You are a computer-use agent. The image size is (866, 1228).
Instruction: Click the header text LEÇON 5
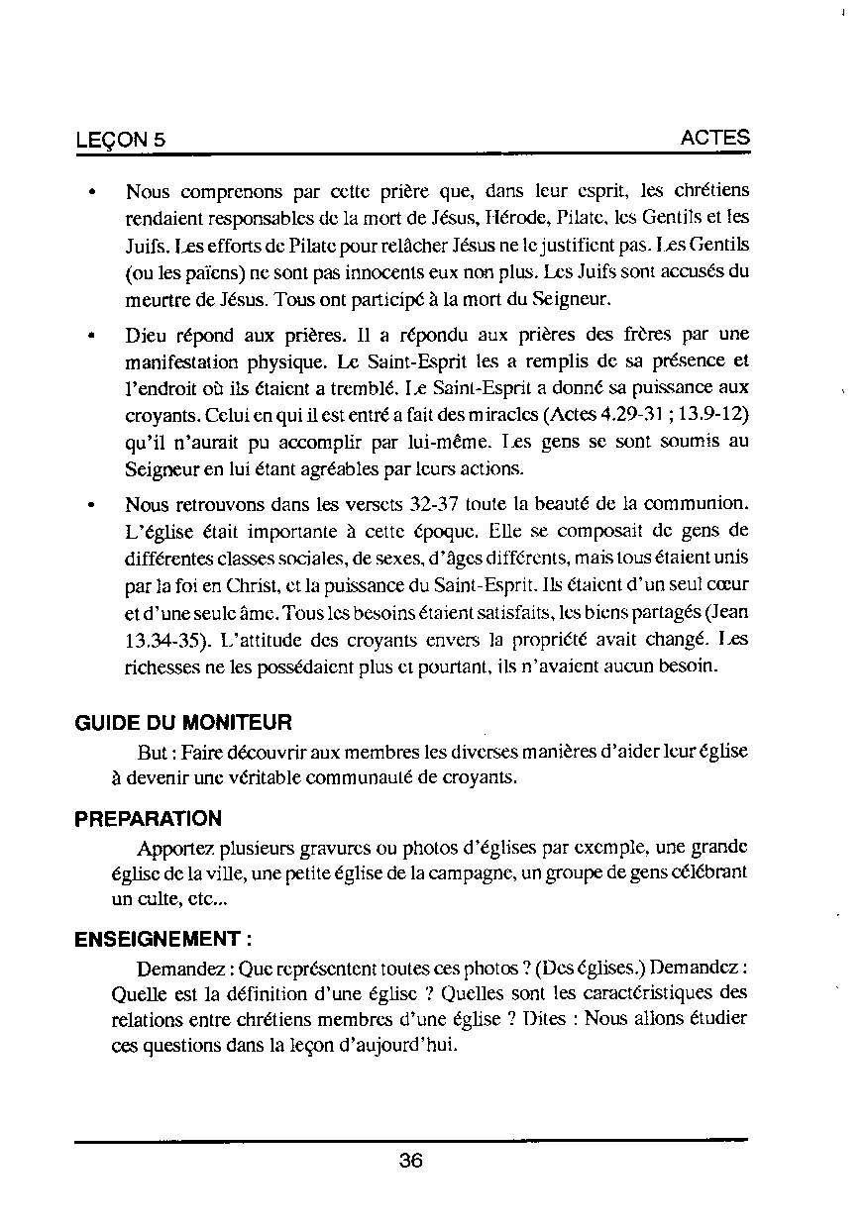[120, 141]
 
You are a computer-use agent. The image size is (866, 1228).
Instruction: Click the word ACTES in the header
[715, 139]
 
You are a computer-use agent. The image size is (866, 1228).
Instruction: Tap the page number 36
[411, 1162]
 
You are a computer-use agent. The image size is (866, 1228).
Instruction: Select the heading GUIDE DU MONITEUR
[183, 724]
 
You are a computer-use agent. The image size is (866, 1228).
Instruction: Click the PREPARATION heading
[149, 819]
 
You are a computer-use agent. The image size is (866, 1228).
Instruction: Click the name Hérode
[510, 215]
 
